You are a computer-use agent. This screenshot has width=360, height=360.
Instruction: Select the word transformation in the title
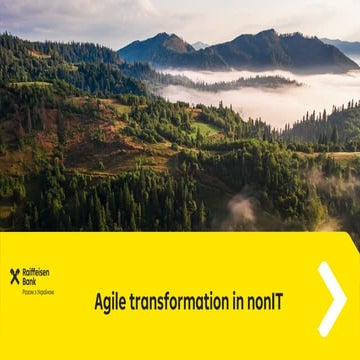tap(186, 299)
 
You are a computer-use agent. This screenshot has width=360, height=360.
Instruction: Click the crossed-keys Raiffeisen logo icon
tap(14, 275)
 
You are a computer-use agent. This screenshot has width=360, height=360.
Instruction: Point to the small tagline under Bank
tap(38, 292)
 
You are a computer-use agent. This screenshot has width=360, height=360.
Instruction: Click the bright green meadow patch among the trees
tap(204, 128)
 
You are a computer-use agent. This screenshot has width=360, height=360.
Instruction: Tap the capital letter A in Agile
tap(99, 299)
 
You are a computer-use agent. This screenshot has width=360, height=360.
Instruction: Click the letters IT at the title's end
tap(275, 299)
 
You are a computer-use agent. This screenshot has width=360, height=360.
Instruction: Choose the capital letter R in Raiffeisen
tap(24, 272)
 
